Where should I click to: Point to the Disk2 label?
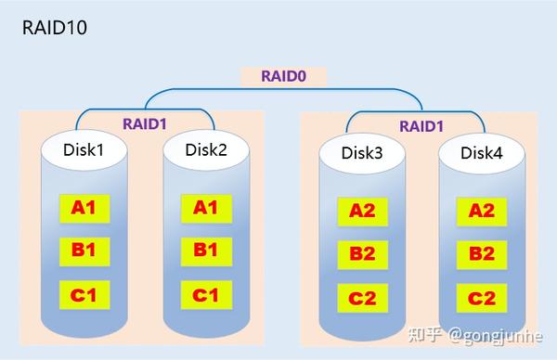[x=206, y=148]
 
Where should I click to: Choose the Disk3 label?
[x=362, y=153]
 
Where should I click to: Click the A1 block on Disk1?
[x=84, y=207]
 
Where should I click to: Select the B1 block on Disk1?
[x=84, y=250]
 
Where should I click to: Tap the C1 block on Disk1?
[x=84, y=295]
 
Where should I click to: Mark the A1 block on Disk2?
[x=205, y=207]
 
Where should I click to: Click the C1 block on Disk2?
[x=205, y=295]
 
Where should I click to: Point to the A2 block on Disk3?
[x=362, y=211]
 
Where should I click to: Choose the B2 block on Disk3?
[x=362, y=253]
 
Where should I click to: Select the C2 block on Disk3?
[x=362, y=298]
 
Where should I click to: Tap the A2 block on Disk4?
[x=482, y=211]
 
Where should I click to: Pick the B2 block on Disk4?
[x=482, y=253]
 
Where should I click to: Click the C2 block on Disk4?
[x=482, y=298]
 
